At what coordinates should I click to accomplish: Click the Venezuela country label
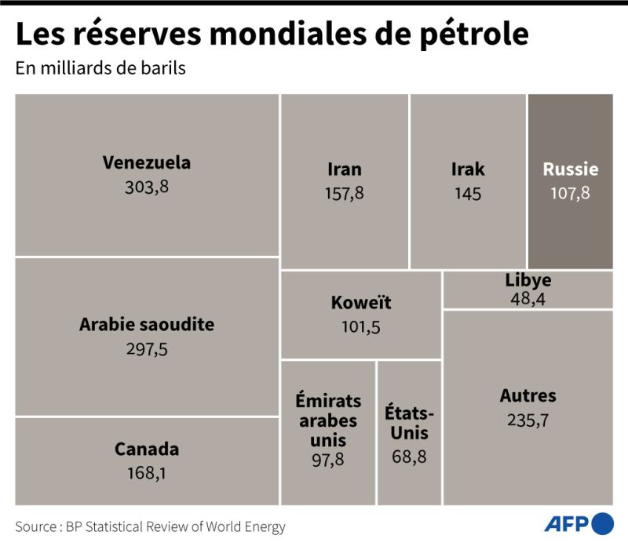pos(147,163)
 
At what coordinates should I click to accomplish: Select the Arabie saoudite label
pos(147,324)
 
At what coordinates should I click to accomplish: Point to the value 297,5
pos(147,348)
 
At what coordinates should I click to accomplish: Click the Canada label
pos(147,450)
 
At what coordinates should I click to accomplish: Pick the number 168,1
pos(147,473)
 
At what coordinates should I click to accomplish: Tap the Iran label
pos(345,169)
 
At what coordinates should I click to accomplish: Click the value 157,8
pos(345,193)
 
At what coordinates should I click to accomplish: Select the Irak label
pos(468,169)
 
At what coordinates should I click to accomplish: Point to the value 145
pos(468,193)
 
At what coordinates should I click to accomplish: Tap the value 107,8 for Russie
pos(570,193)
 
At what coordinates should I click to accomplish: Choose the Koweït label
pos(361,303)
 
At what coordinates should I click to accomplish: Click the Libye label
pos(528,280)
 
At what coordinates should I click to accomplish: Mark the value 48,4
pos(528,298)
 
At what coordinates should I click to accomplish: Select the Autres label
pos(528,395)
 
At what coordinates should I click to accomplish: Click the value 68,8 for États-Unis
pos(409,456)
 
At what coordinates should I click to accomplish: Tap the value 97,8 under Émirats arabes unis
pos(328,460)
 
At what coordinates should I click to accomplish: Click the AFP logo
pos(579,523)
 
